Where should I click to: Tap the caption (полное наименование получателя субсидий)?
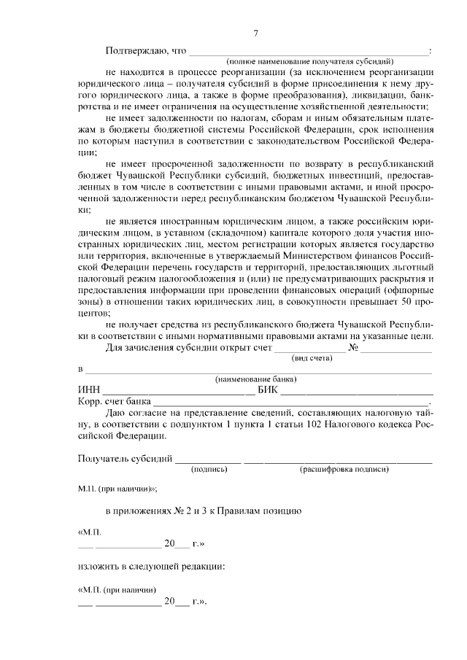309,61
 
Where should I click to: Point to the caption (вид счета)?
309,359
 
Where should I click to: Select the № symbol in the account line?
354,348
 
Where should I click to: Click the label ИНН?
88,390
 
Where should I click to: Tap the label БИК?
268,390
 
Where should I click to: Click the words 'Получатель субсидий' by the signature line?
125,459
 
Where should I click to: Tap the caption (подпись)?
209,470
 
